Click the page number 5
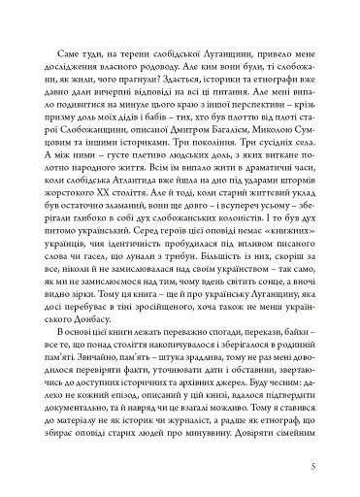pos(330,464)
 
